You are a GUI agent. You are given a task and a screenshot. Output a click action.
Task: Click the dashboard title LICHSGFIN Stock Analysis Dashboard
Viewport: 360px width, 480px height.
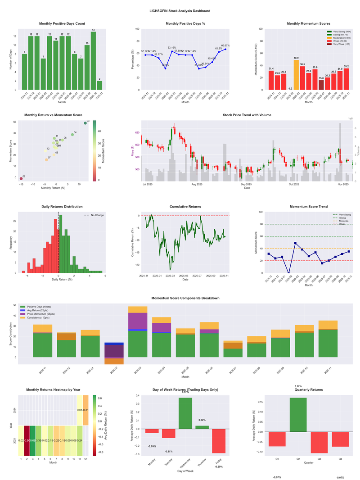pos(180,10)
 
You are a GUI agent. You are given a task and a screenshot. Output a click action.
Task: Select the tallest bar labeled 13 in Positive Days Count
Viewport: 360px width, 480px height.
pos(93,61)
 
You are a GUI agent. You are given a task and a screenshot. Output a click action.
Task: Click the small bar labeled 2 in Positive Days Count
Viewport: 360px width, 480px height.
pos(99,85)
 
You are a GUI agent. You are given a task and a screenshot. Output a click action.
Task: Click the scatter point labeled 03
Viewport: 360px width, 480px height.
pos(85,123)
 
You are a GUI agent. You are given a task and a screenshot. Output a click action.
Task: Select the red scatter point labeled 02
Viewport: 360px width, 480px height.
pos(21,179)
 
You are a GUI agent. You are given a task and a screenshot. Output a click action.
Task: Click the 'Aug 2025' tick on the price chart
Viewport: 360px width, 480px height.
pos(197,184)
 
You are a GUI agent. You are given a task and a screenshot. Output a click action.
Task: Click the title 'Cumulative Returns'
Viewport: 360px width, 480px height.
pos(185,207)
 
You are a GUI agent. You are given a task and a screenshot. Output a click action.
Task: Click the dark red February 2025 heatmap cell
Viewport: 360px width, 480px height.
pos(27,441)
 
